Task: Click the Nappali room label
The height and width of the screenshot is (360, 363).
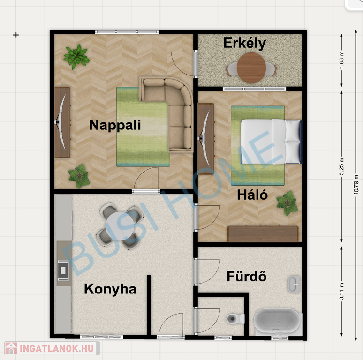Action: [x=115, y=125]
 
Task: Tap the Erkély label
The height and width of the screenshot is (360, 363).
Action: [x=245, y=44]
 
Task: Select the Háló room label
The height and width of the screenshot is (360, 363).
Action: [x=252, y=195]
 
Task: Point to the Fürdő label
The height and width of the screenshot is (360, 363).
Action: [x=247, y=276]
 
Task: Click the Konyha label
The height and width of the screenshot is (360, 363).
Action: [x=110, y=289]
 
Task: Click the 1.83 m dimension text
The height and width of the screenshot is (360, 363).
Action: [x=342, y=60]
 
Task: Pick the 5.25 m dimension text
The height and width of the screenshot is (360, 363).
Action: [x=342, y=166]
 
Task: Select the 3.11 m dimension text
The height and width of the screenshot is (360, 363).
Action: [x=342, y=291]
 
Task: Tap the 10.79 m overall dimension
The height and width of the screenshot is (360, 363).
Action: [x=356, y=185]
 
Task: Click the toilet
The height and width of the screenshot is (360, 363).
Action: [x=235, y=319]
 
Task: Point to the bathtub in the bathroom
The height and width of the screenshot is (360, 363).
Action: [x=278, y=322]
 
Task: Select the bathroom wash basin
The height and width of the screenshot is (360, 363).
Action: [x=294, y=284]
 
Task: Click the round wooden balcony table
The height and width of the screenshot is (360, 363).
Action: [x=251, y=68]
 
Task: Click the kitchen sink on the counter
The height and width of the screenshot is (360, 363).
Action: [x=63, y=270]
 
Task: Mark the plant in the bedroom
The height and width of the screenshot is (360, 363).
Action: [x=287, y=203]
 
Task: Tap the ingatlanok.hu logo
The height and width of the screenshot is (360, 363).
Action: [x=52, y=348]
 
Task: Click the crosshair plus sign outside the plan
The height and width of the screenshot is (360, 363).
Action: [x=16, y=35]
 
